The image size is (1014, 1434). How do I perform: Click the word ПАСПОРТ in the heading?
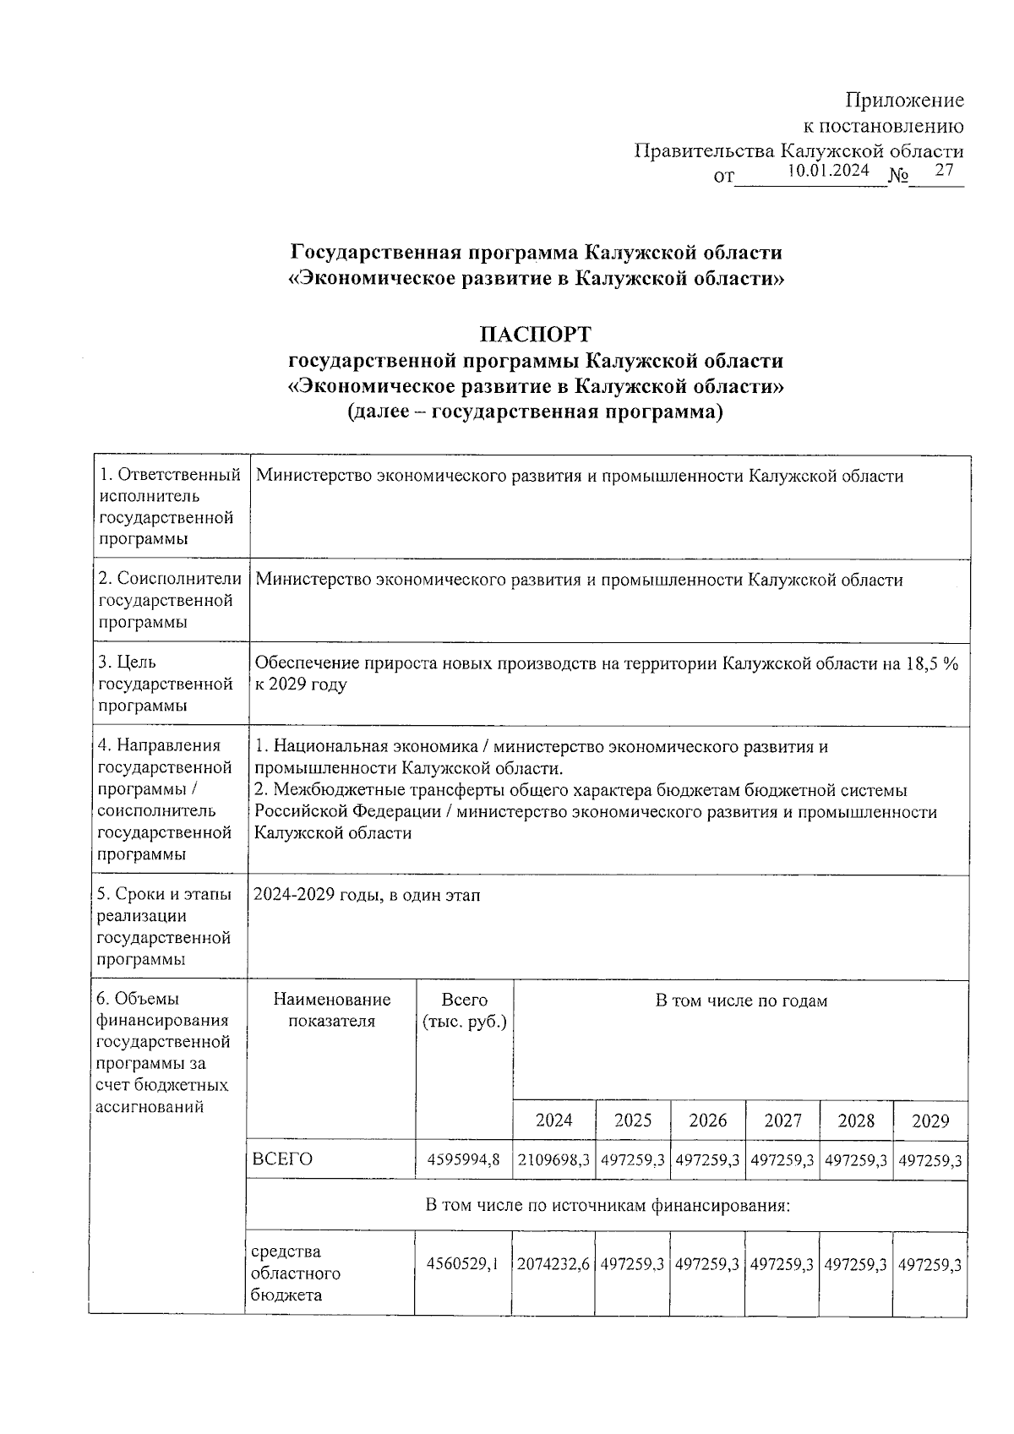[x=536, y=334]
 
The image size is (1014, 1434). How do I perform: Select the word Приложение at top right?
[x=905, y=101]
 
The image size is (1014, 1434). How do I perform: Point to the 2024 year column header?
[x=554, y=1120]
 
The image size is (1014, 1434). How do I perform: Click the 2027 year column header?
[x=782, y=1120]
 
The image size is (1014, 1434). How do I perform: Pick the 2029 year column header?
[x=930, y=1120]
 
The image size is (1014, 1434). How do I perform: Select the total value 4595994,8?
[x=464, y=1159]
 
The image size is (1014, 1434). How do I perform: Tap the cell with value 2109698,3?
[x=553, y=1159]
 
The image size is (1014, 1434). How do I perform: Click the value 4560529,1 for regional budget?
[x=463, y=1265]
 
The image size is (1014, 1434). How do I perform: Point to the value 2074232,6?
[x=553, y=1265]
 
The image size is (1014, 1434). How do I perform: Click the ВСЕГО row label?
[x=283, y=1159]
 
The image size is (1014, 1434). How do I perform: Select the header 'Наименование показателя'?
[x=332, y=1011]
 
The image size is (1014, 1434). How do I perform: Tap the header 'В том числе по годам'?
[x=741, y=1001]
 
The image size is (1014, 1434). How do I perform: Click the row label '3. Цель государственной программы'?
[x=166, y=684]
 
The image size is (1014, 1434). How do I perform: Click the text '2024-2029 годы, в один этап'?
[x=368, y=895]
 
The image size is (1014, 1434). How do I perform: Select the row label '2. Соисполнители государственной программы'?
[x=170, y=600]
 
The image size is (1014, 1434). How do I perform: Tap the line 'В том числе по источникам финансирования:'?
[x=607, y=1205]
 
